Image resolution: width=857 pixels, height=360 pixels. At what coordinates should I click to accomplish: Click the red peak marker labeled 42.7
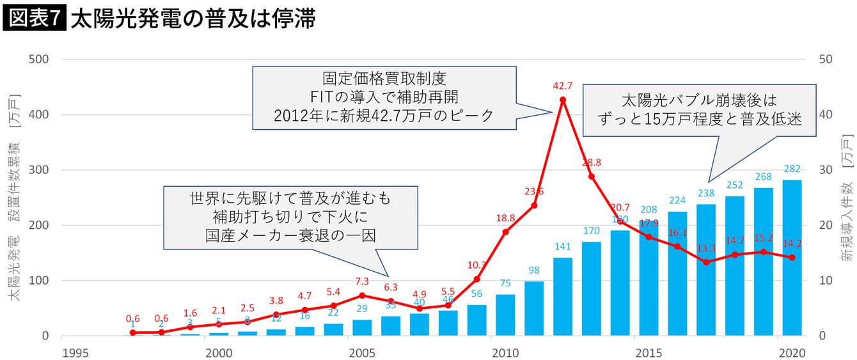(x=563, y=100)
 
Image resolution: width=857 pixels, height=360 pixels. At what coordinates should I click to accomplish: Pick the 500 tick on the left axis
(x=40, y=59)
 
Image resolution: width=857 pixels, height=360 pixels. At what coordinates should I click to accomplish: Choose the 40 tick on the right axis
(x=826, y=115)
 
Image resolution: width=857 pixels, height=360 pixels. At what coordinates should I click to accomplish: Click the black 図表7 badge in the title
(x=35, y=18)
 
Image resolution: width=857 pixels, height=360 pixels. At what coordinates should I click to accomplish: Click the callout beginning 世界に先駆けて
(x=290, y=217)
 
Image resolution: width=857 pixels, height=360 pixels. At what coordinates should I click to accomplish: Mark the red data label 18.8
(x=505, y=218)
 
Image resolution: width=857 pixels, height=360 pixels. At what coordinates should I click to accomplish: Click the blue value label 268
(x=764, y=176)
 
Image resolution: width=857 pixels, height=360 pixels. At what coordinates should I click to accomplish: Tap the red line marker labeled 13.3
(x=706, y=262)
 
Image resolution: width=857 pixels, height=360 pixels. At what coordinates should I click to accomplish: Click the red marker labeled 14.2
(x=792, y=257)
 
